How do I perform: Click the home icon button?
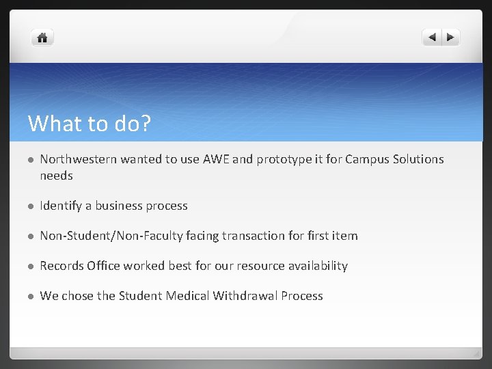tap(42, 38)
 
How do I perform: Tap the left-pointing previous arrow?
tap(433, 38)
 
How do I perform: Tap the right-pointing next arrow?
tap(450, 38)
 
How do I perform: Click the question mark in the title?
tap(146, 124)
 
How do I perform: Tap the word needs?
tap(56, 176)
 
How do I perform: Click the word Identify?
tap(61, 206)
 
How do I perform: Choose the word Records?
tap(62, 266)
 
